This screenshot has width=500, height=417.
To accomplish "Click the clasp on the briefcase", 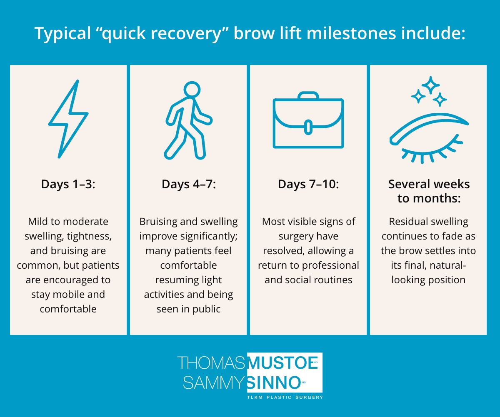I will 308,127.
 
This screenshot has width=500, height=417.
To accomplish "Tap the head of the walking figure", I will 191,89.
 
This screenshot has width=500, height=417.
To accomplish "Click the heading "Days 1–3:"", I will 68,184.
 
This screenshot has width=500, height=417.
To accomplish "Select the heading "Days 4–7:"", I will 188,184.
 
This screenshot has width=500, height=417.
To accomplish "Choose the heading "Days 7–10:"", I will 308,184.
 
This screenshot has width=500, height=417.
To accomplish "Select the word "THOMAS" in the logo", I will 211,362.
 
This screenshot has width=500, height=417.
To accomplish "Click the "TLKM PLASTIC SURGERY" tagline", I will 285,397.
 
